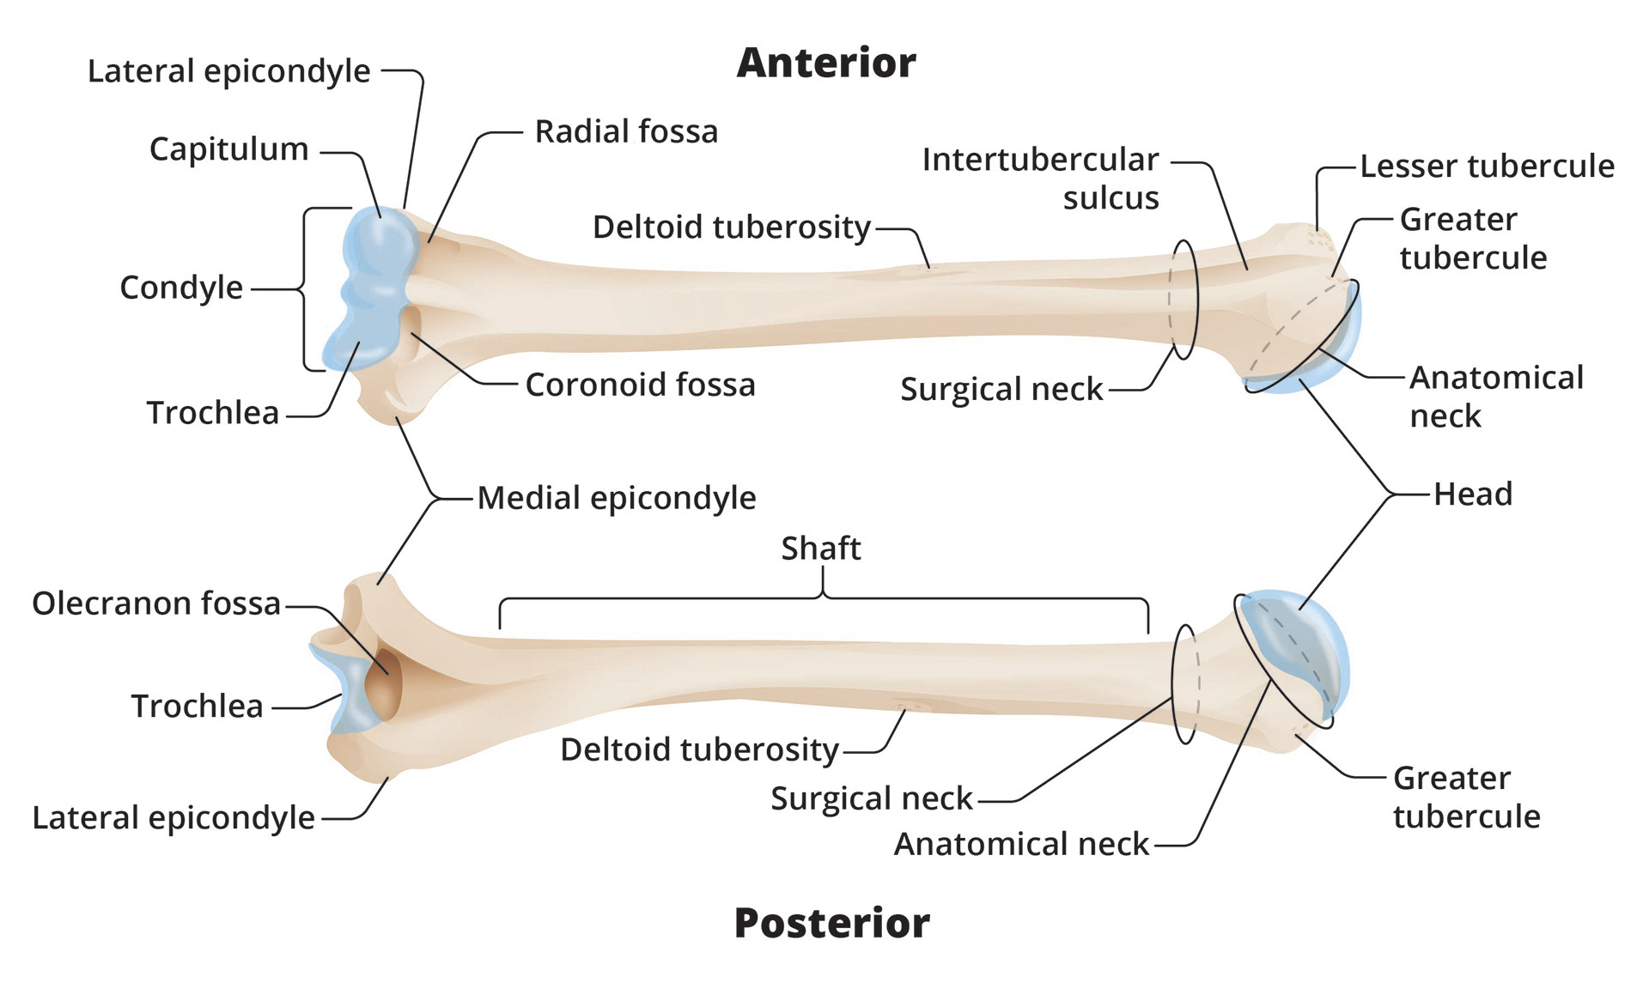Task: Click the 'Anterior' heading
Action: click(x=826, y=63)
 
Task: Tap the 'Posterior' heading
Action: click(x=831, y=923)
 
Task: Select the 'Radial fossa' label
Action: click(x=626, y=131)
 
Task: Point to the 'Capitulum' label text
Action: click(x=228, y=149)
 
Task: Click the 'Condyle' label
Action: click(x=181, y=287)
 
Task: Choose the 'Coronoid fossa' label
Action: click(x=640, y=385)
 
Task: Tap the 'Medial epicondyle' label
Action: click(x=617, y=498)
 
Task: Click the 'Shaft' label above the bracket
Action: click(x=820, y=548)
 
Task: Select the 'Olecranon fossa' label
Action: click(x=156, y=604)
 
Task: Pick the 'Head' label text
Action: click(x=1473, y=494)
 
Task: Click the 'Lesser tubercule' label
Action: click(x=1487, y=166)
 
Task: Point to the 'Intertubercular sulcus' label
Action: click(x=1041, y=179)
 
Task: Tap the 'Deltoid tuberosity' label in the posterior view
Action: click(x=699, y=749)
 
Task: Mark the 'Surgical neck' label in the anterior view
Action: click(x=1001, y=389)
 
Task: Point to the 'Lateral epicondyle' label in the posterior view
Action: click(x=173, y=817)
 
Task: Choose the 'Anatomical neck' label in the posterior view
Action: click(x=1021, y=844)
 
